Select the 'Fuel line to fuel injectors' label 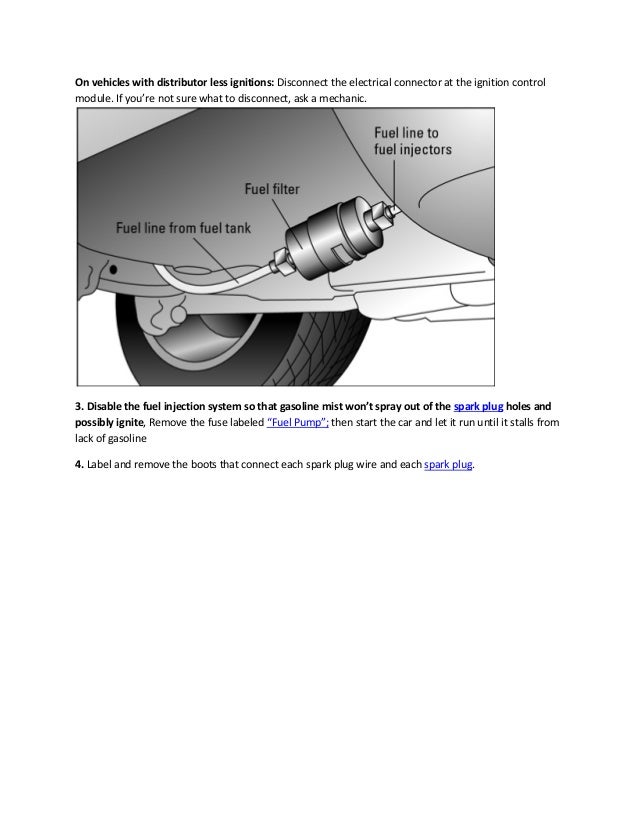click(412, 141)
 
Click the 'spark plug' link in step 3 click(480, 407)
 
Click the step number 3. click(80, 407)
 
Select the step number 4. click(80, 465)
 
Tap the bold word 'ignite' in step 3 click(128, 424)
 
